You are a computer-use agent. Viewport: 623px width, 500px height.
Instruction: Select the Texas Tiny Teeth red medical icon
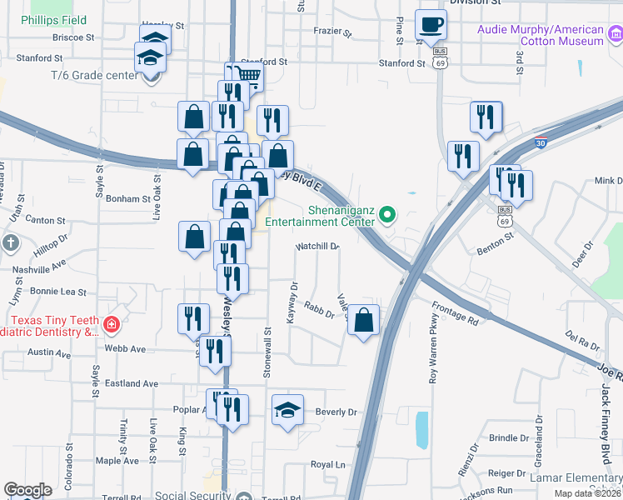coord(110,323)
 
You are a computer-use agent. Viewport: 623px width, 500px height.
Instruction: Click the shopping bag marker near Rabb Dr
coord(363,320)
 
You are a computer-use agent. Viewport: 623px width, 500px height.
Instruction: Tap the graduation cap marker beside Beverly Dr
coord(287,410)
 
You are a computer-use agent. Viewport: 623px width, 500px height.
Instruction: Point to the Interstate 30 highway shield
coord(541,143)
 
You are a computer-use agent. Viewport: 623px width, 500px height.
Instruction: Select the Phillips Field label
coord(53,20)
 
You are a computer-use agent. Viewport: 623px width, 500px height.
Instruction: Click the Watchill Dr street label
coord(318,247)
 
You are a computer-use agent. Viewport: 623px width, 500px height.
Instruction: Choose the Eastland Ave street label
coord(132,383)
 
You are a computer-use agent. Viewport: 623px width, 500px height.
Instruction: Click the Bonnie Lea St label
coord(58,292)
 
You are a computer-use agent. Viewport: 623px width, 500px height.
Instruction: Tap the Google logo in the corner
coord(27,490)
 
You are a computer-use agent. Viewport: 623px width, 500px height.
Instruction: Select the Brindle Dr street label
coord(510,437)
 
